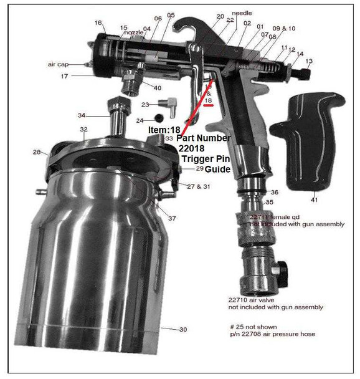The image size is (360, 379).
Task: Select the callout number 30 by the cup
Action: coord(182,330)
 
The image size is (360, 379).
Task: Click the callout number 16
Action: coord(98,23)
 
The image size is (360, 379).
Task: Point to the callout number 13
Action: coord(310,61)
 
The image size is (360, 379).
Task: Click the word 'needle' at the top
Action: coord(242,13)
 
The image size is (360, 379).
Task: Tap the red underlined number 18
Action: coord(208,100)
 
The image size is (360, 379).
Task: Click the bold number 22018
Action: coord(193,148)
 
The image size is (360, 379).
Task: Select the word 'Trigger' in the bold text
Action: coord(197,158)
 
